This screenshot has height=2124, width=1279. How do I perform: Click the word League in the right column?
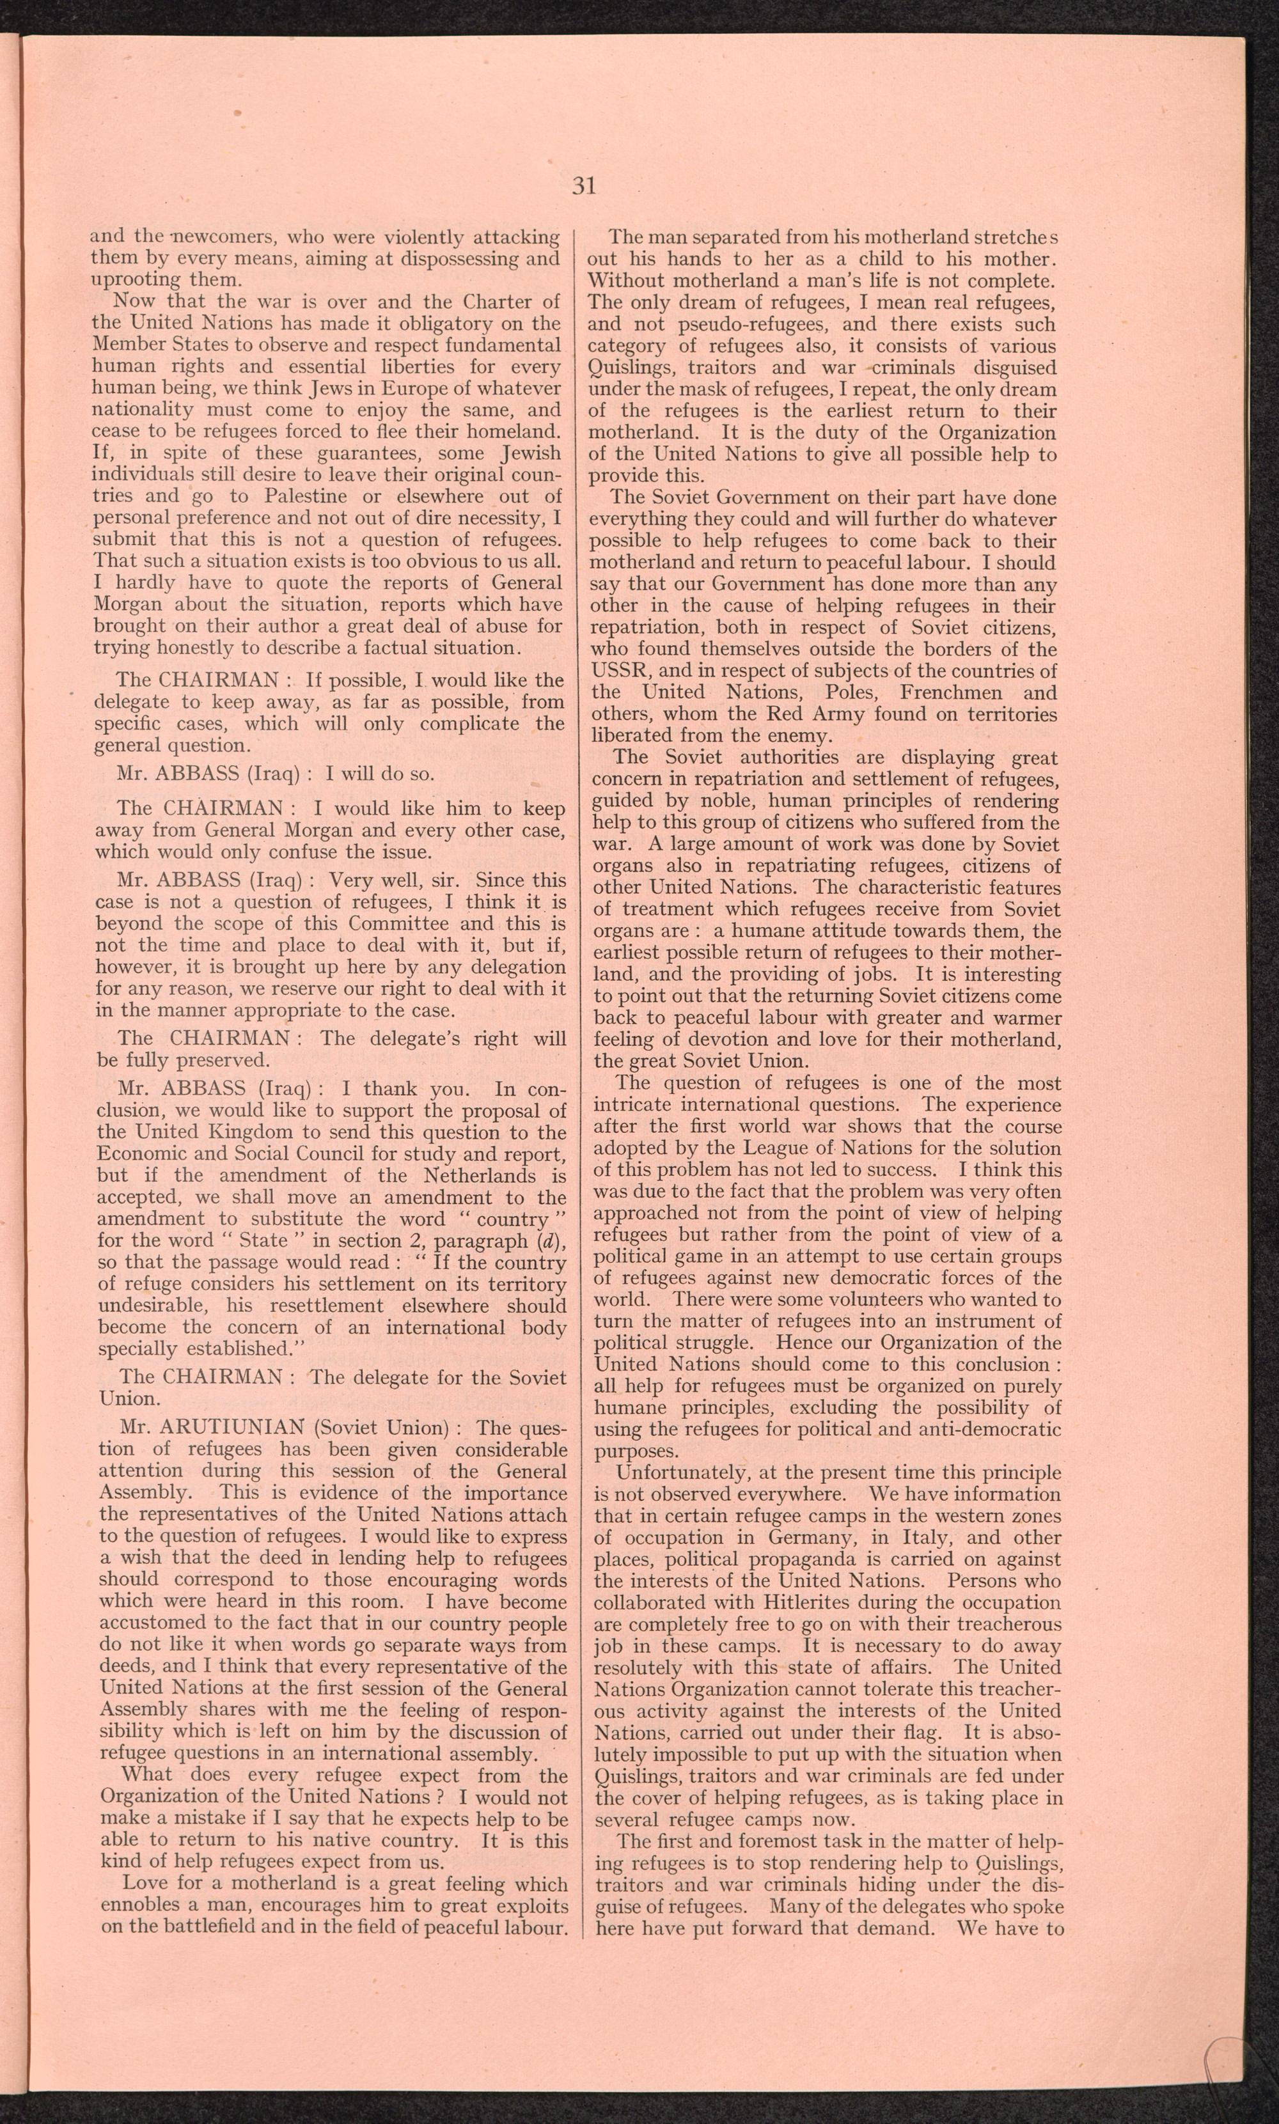764,1148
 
